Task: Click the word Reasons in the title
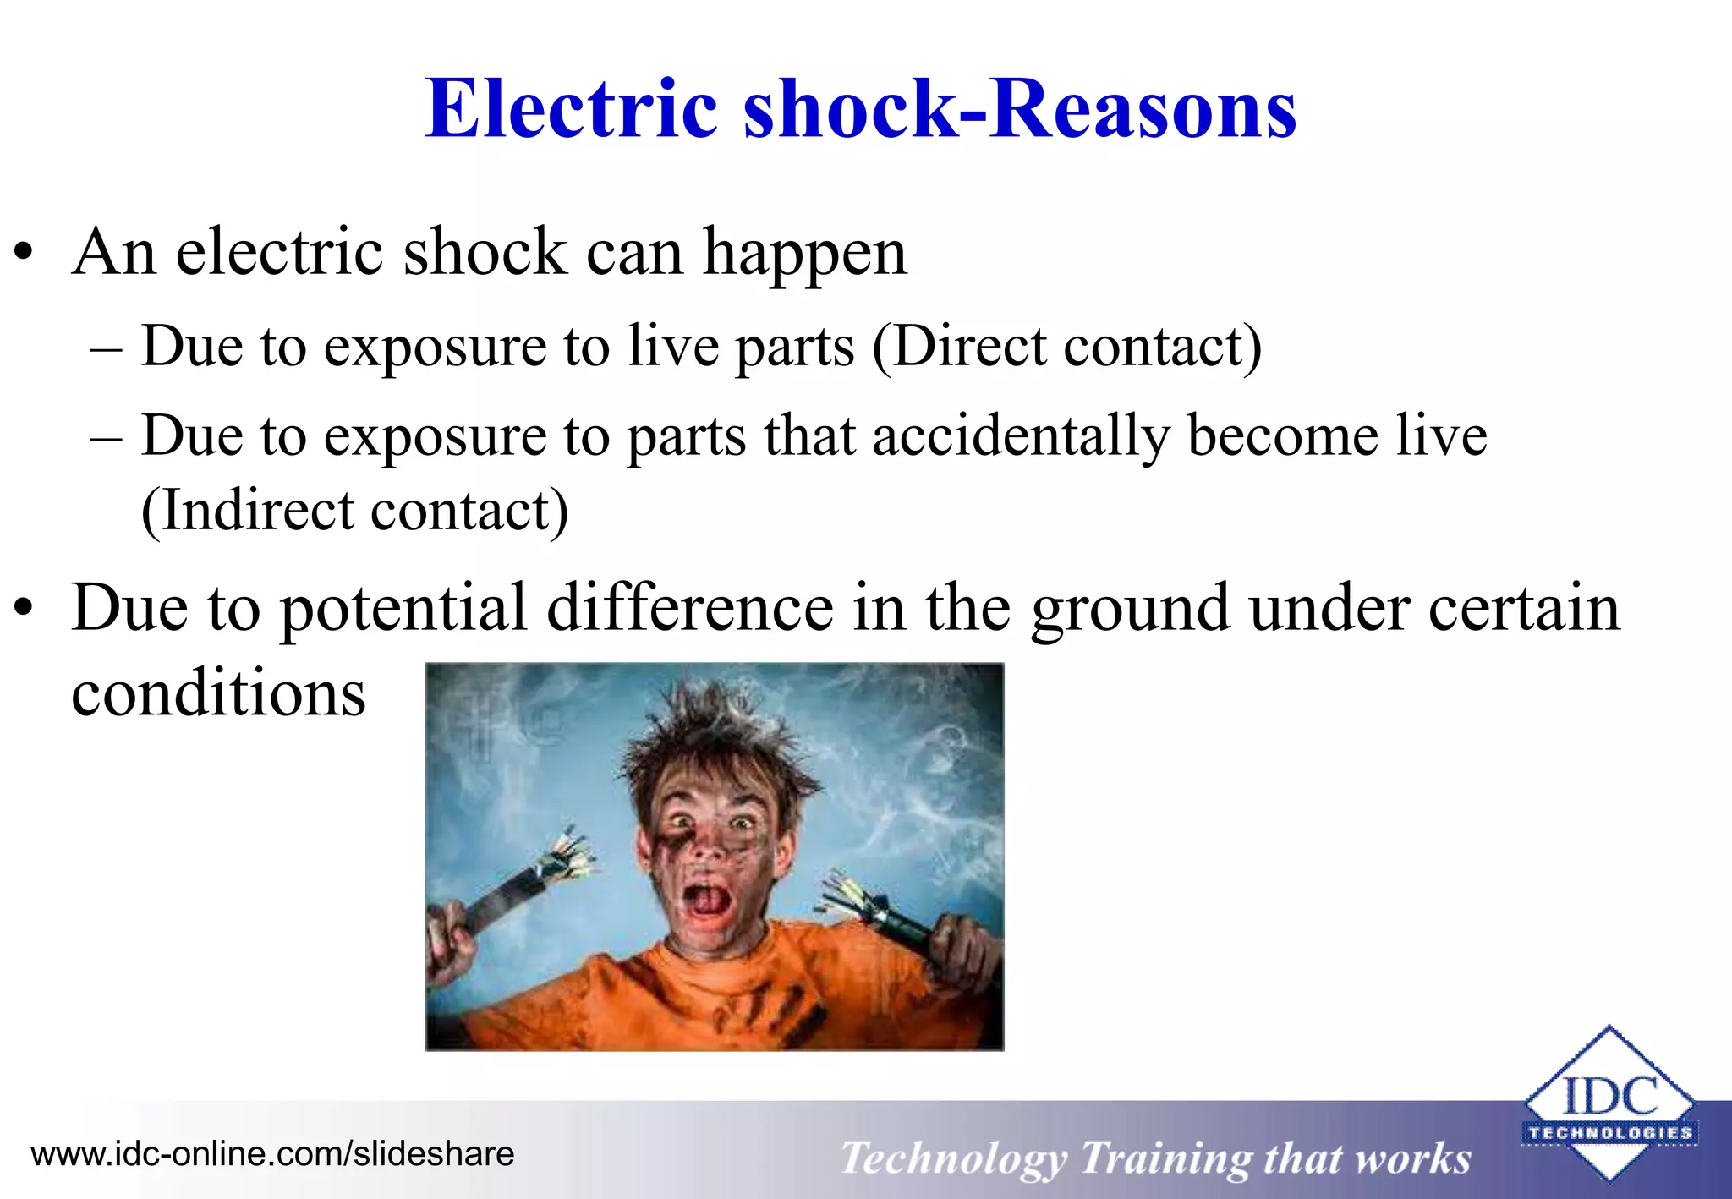(1143, 109)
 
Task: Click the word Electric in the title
(572, 109)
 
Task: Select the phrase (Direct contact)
(1066, 347)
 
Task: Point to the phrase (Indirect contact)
(355, 511)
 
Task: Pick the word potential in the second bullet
(403, 609)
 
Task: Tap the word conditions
(218, 693)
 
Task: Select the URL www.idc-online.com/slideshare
(272, 1154)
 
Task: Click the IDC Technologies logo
(1609, 1104)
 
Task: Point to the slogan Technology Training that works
(1155, 1158)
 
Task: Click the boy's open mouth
(706, 901)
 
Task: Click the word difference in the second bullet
(689, 609)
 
